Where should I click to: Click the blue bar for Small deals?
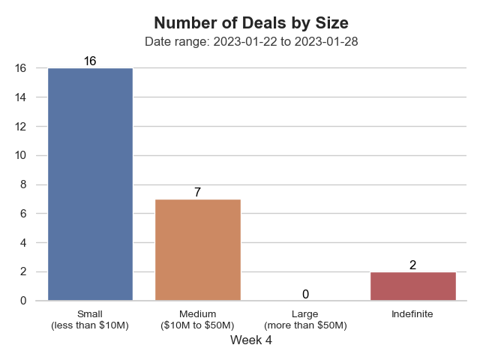pos(90,184)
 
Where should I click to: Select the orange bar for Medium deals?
pos(198,250)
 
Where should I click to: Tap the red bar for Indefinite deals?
pos(413,286)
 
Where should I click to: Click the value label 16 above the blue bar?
pos(90,61)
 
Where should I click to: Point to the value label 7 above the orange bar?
pos(197,192)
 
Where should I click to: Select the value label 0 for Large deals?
pos(305,294)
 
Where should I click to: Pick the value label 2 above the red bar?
pos(412,265)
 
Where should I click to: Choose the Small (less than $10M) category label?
pos(90,319)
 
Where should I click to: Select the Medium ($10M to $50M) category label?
pos(198,319)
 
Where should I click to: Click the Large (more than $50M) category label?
pos(305,319)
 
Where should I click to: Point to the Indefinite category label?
pos(412,313)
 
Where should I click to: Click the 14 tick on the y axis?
pos(20,97)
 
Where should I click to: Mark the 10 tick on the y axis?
pos(20,155)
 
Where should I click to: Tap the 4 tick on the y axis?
pos(22,243)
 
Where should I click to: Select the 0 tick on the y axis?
pos(22,301)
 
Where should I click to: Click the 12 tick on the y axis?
pos(20,127)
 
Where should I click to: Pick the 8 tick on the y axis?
pos(22,184)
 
